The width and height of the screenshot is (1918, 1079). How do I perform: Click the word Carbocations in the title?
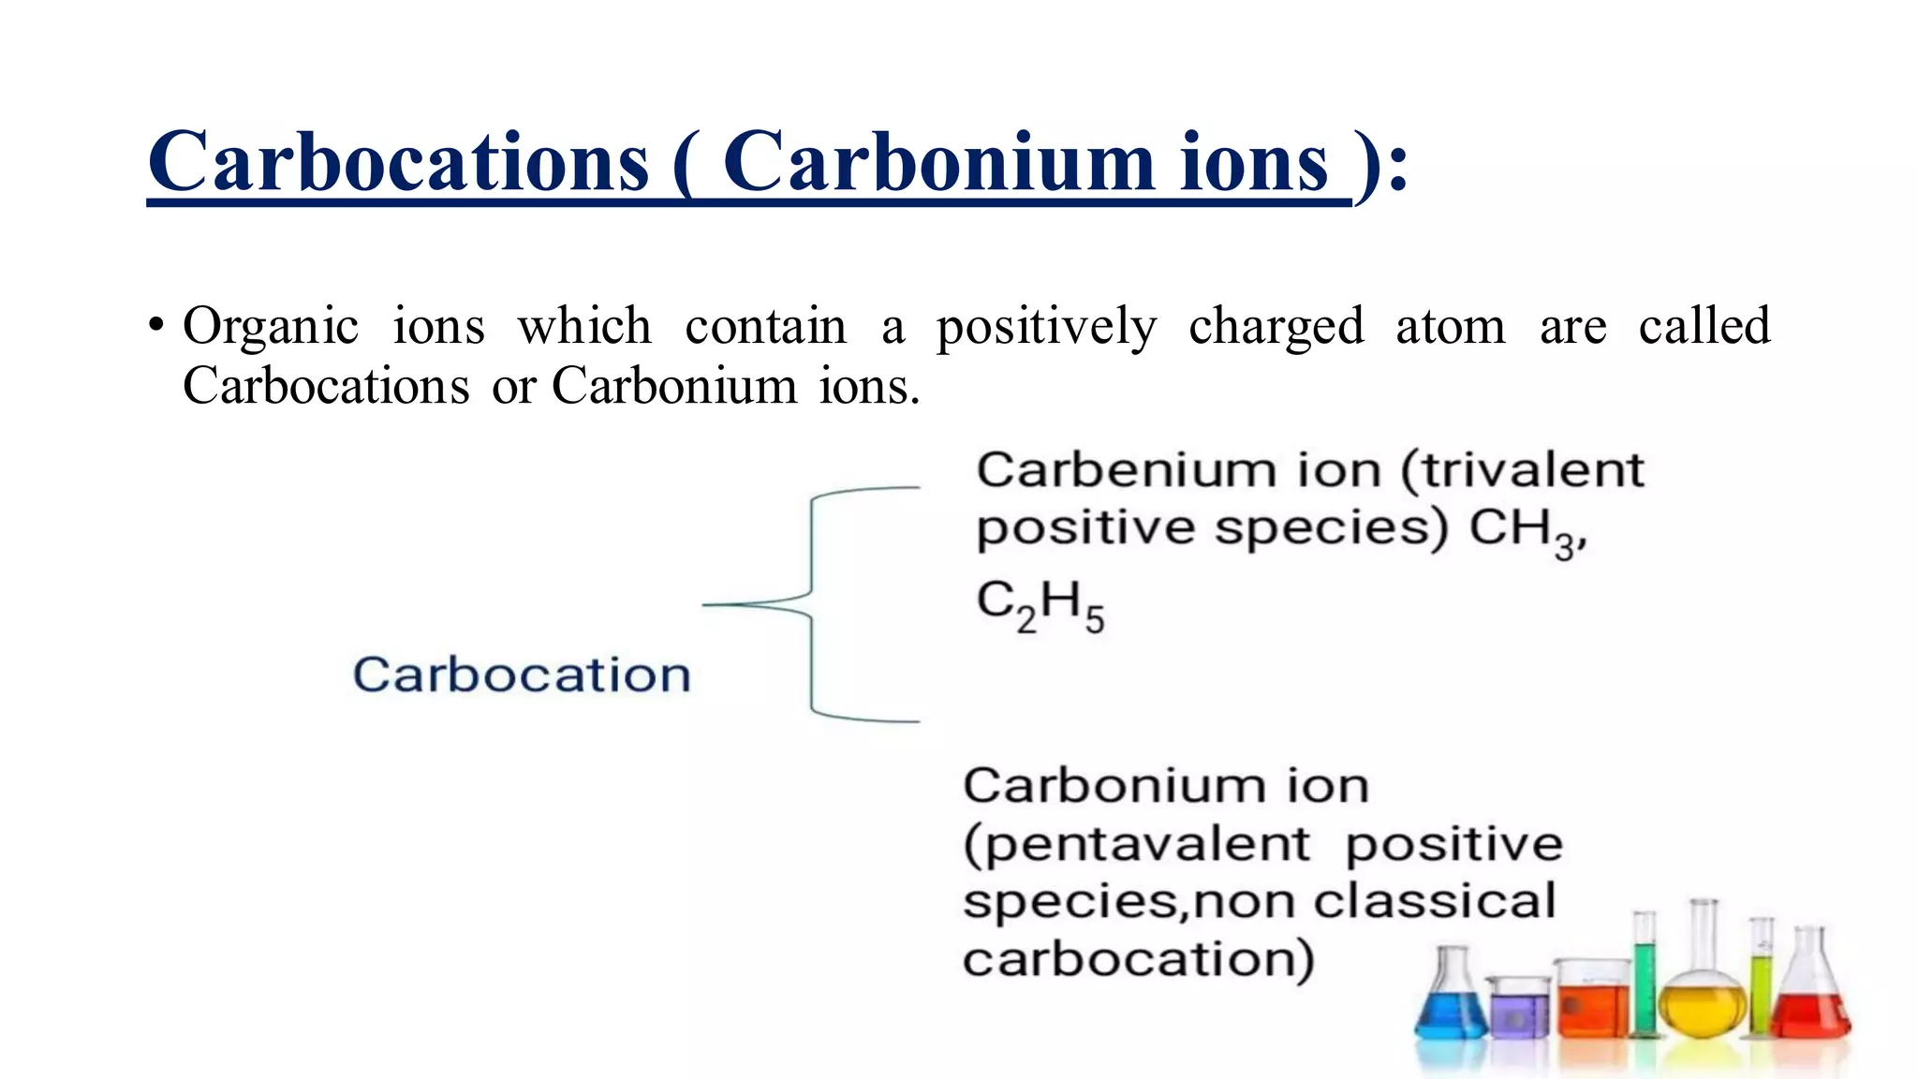(x=398, y=161)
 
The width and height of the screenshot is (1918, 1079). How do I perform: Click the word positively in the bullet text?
(x=1046, y=327)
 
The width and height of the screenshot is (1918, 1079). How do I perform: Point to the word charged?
(x=1276, y=327)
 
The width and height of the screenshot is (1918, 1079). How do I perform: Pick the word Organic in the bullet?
(x=271, y=327)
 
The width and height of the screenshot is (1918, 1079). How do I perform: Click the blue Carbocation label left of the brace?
(x=522, y=674)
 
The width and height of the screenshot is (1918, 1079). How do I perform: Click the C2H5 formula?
(x=1040, y=604)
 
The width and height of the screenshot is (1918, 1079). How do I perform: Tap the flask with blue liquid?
(x=1451, y=1002)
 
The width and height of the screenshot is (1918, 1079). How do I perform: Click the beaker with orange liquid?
(x=1592, y=1002)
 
